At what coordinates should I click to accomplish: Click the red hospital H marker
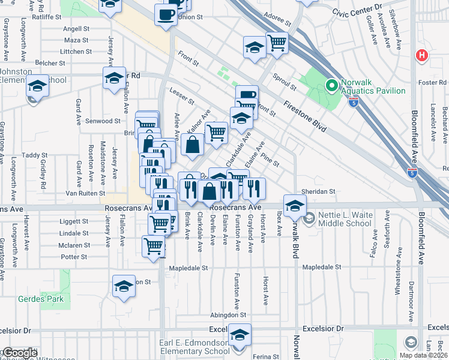click(x=422, y=56)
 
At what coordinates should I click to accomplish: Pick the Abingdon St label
click(x=228, y=314)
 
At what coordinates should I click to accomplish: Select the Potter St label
click(x=74, y=256)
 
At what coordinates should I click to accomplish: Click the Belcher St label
click(x=50, y=62)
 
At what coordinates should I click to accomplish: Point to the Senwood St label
click(x=103, y=121)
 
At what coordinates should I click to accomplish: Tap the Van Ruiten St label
click(x=85, y=193)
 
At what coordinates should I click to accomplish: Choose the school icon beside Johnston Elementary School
click(x=37, y=86)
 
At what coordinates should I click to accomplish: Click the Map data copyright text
click(x=423, y=355)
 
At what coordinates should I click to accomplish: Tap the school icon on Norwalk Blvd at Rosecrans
click(x=295, y=206)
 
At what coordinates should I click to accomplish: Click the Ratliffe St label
click(x=46, y=17)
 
